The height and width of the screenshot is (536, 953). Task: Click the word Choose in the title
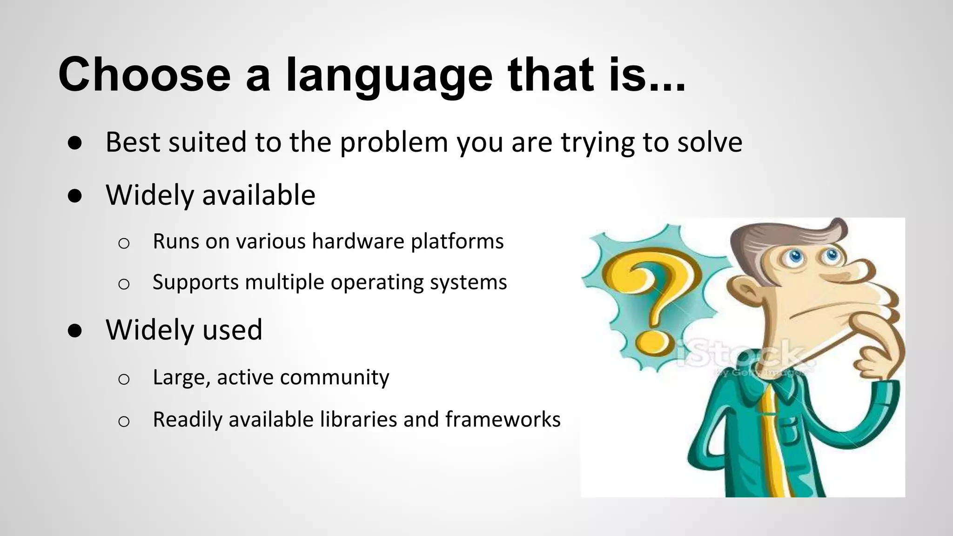(144, 74)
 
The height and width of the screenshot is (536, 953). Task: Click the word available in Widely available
(259, 195)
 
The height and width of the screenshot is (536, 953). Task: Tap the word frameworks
(503, 419)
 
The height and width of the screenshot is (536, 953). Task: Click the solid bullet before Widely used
(75, 330)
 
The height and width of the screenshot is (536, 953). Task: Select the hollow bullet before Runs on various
(124, 243)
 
